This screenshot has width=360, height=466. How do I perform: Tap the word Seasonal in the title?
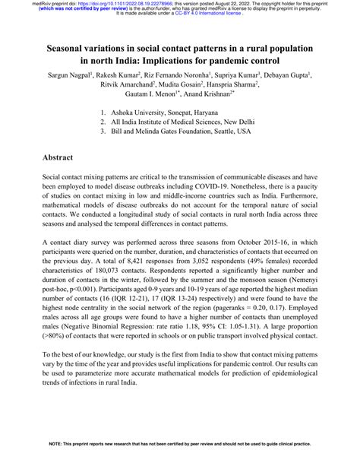pyautogui.click(x=65, y=49)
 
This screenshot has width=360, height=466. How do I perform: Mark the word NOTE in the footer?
pyautogui.click(x=56, y=463)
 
